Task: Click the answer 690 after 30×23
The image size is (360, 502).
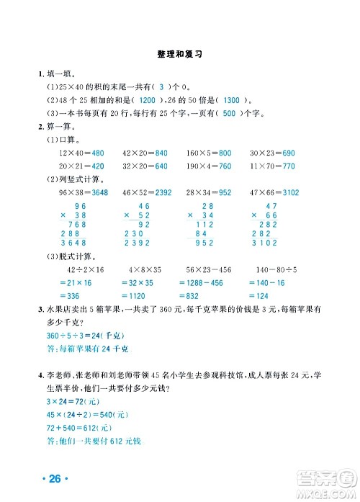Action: click(x=288, y=153)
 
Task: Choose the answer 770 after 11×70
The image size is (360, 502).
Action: click(x=288, y=166)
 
